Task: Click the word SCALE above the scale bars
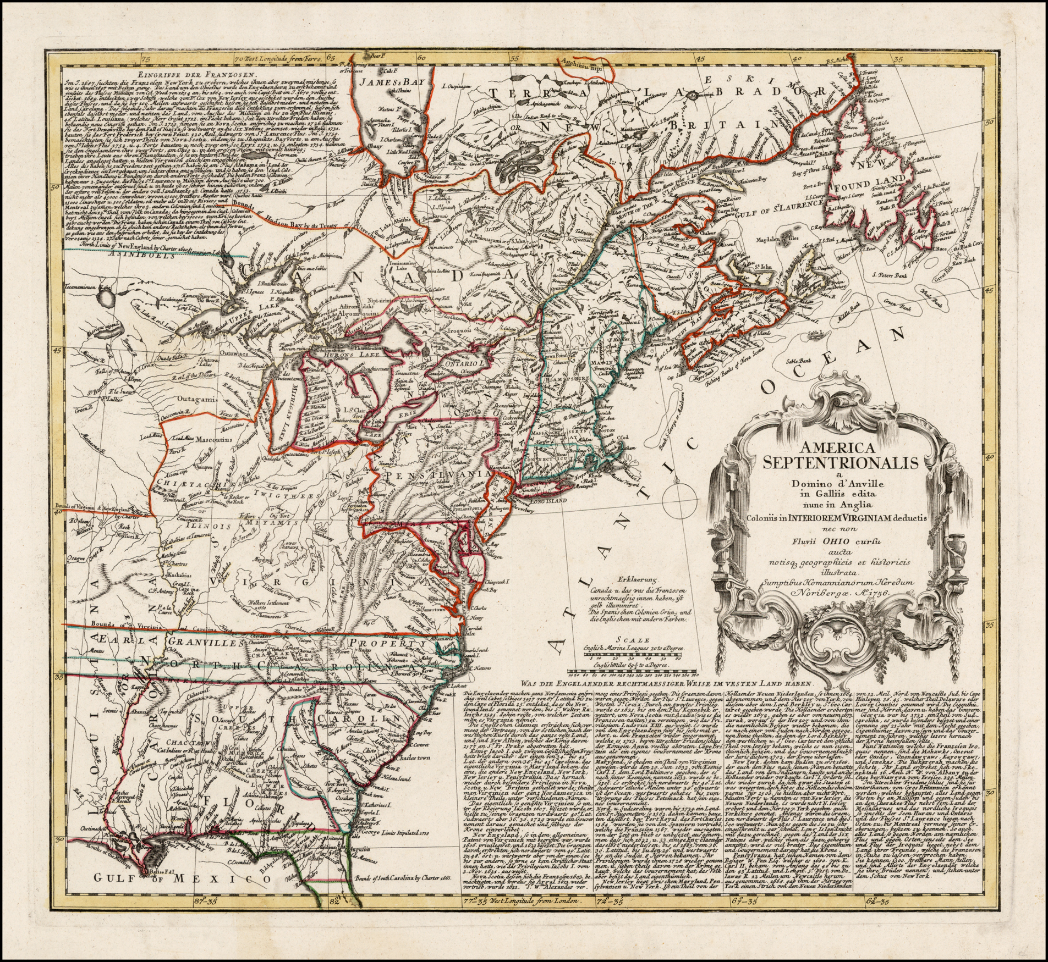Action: tap(633, 640)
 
